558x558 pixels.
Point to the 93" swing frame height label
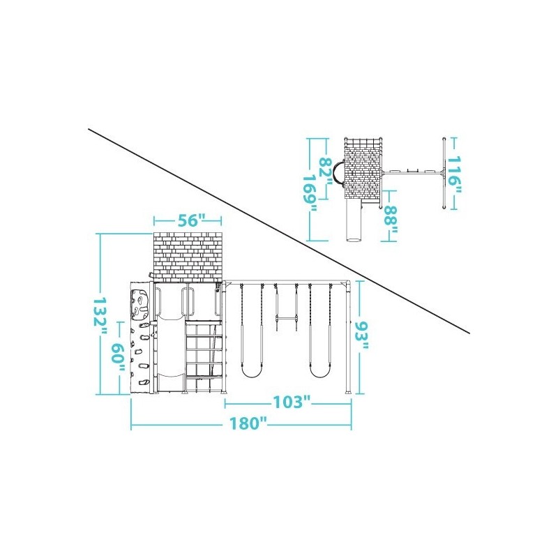tap(361, 336)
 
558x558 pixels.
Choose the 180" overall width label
tap(248, 423)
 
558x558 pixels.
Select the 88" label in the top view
tap(391, 220)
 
